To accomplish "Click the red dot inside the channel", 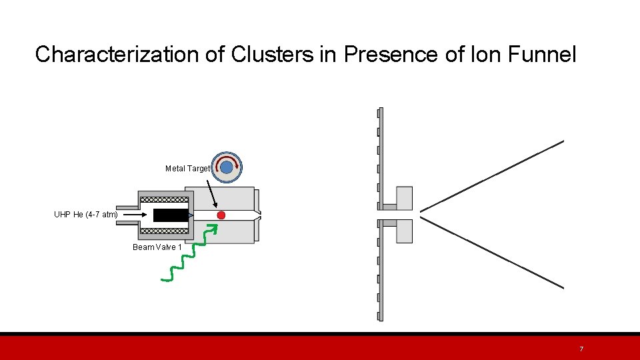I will point(221,215).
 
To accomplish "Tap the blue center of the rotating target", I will point(227,167).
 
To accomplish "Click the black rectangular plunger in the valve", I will point(171,215).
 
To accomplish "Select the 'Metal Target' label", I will point(187,169).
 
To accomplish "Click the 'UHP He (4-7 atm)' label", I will point(85,215).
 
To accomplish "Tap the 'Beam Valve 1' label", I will point(157,247).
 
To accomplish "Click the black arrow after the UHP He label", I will point(137,215).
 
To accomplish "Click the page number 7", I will point(581,349).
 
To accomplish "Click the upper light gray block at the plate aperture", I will point(404,198).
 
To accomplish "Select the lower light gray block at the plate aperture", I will point(404,231).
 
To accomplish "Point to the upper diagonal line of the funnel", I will point(492,175).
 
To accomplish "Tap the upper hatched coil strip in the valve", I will point(164,199).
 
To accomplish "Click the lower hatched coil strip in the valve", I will point(164,231).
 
